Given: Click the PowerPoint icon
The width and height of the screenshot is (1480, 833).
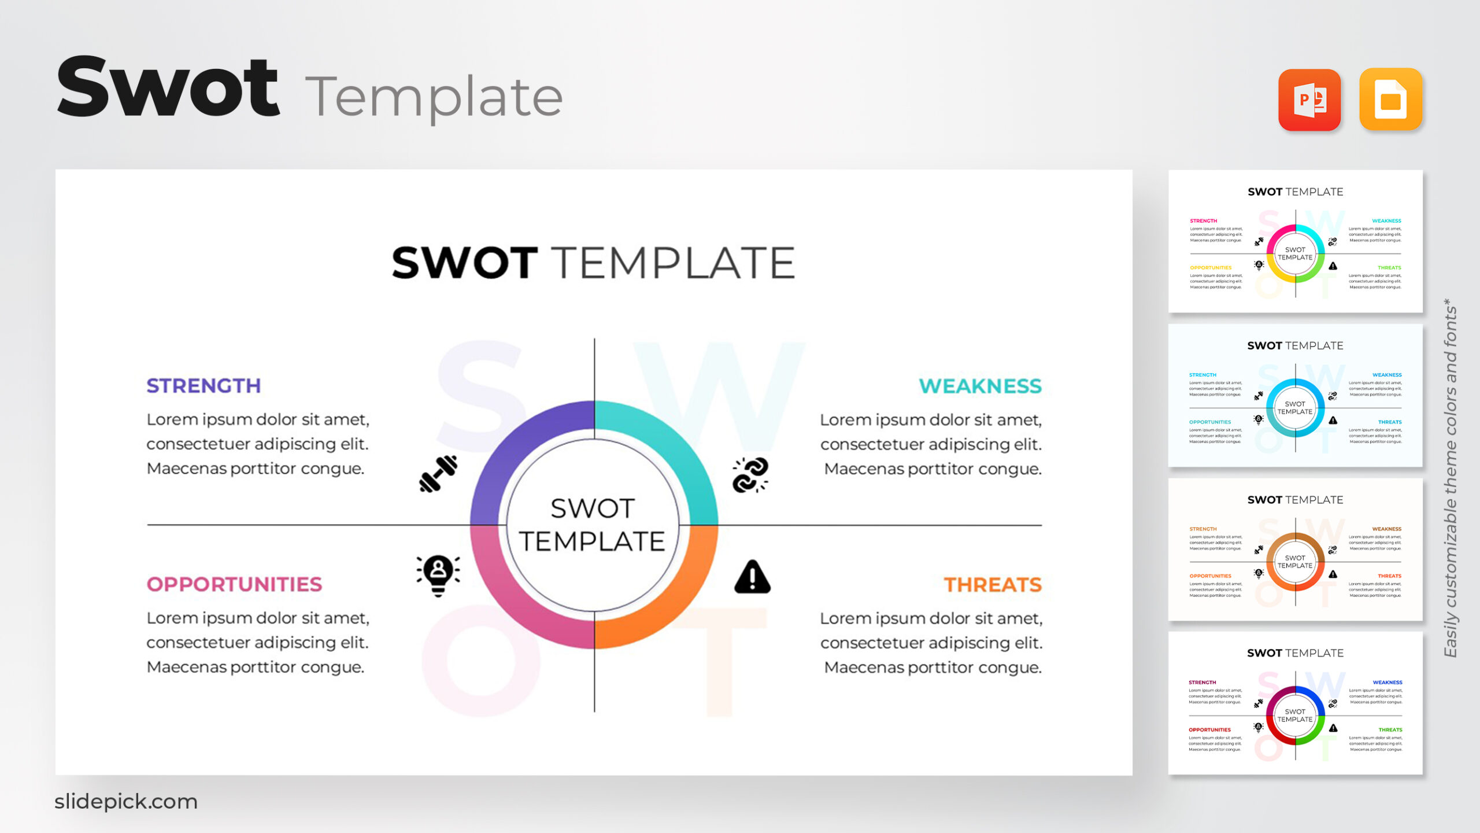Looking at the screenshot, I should pos(1309,99).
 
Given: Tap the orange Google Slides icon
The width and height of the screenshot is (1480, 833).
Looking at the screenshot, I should pos(1390,99).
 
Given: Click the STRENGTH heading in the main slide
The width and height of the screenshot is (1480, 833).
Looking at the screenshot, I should pos(203,386).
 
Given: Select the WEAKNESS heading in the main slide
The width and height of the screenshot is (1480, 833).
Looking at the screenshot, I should pos(980,386).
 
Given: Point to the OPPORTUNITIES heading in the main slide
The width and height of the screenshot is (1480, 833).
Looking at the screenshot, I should pos(234,584).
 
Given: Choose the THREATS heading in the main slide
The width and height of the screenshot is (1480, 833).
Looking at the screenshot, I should pos(993,585).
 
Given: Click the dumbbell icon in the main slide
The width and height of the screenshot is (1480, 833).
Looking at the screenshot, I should pos(438,474).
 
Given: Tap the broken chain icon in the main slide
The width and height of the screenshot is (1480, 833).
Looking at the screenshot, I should pos(750,475).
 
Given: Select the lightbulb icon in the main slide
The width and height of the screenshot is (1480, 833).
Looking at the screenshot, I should pos(438,575).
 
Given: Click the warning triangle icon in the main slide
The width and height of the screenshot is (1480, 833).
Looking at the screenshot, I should pos(752,577).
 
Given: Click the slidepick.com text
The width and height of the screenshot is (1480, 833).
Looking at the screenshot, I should pos(126,801).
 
